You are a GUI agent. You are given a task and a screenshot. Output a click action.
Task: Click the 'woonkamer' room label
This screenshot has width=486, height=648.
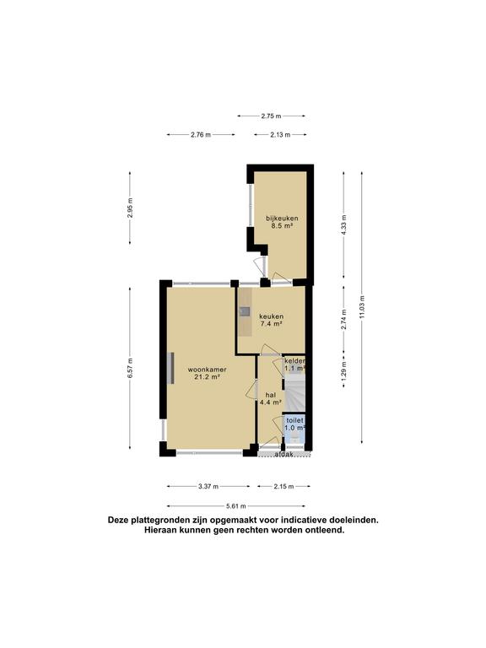pos(204,370)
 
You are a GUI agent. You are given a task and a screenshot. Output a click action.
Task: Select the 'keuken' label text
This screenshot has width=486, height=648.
pos(270,316)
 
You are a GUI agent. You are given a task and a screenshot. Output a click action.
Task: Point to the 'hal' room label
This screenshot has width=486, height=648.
pos(270,394)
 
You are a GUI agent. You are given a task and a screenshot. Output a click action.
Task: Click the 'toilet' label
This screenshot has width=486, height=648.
pos(294,419)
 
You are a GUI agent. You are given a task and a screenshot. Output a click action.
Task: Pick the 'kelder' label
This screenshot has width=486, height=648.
pos(294,360)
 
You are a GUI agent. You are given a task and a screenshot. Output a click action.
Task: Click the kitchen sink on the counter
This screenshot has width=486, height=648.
pos(244,311)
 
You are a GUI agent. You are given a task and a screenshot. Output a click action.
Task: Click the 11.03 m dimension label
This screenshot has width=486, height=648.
pos(362,305)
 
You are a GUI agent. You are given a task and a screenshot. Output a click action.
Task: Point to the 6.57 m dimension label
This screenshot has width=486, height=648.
pos(131,370)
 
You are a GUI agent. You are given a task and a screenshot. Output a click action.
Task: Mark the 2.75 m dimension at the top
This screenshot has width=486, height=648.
pos(271,116)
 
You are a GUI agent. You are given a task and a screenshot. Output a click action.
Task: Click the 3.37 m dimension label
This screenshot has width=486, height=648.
pos(208,487)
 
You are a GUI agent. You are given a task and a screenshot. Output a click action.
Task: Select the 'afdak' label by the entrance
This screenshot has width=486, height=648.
pos(283,455)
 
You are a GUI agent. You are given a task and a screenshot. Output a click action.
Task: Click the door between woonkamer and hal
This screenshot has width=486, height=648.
pos(251,389)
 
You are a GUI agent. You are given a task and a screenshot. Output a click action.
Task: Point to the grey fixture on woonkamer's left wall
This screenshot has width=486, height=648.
pos(170,368)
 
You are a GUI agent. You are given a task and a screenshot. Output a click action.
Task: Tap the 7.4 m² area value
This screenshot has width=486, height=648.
pos(270,324)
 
